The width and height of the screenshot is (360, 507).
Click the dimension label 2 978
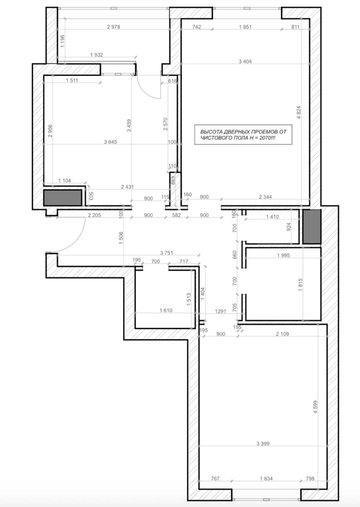114,27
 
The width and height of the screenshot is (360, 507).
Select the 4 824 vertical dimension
299,112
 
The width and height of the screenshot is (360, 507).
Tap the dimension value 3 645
111,142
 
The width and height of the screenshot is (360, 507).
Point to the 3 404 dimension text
245,61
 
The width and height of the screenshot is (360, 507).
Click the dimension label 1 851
245,27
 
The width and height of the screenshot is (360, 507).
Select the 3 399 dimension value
263,444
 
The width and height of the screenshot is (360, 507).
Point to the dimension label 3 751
166,253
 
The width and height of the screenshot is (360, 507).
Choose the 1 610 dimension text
166,310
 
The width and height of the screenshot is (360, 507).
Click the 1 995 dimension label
283,255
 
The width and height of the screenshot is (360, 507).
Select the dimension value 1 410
273,217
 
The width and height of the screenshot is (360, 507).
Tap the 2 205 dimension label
94,215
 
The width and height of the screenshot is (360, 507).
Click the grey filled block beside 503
63,198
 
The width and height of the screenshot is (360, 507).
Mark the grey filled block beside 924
312,227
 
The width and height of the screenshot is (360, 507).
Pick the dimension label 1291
220,311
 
